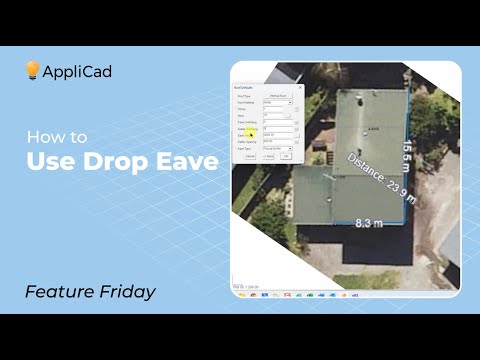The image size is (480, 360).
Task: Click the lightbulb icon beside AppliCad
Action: point(32,70)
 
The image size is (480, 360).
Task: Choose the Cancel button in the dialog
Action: point(250,157)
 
